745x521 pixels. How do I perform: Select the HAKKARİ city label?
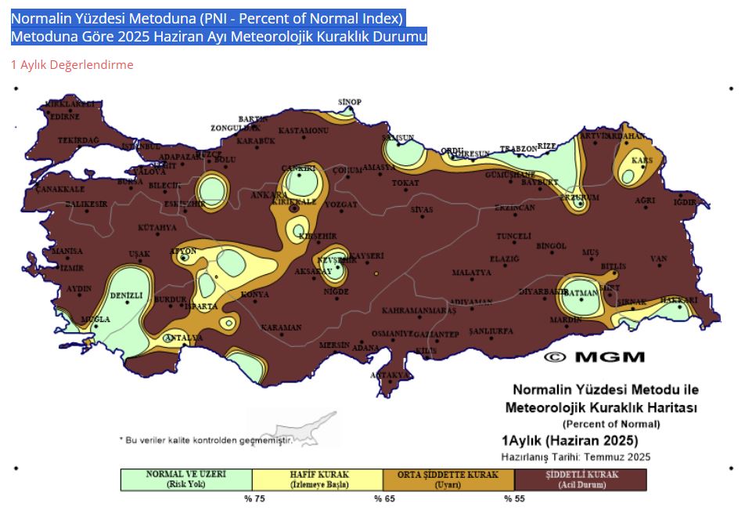(x=678, y=300)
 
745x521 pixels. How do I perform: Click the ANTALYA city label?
(x=177, y=338)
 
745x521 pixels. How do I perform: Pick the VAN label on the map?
(x=658, y=259)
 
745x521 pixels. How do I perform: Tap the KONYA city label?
(x=255, y=295)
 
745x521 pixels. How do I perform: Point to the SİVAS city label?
(x=422, y=210)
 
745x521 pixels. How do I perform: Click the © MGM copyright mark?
(x=595, y=357)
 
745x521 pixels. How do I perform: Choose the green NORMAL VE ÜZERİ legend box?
(x=186, y=479)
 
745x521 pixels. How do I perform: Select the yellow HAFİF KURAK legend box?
(x=319, y=479)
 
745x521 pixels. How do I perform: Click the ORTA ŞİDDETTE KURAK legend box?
(x=449, y=479)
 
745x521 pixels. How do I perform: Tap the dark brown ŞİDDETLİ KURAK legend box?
(x=581, y=479)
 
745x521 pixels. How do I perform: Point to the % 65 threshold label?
(x=383, y=498)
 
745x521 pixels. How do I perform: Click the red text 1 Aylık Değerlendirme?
(x=72, y=65)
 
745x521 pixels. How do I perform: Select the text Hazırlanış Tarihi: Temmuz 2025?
(x=575, y=457)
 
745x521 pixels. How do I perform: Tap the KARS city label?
(x=642, y=161)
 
